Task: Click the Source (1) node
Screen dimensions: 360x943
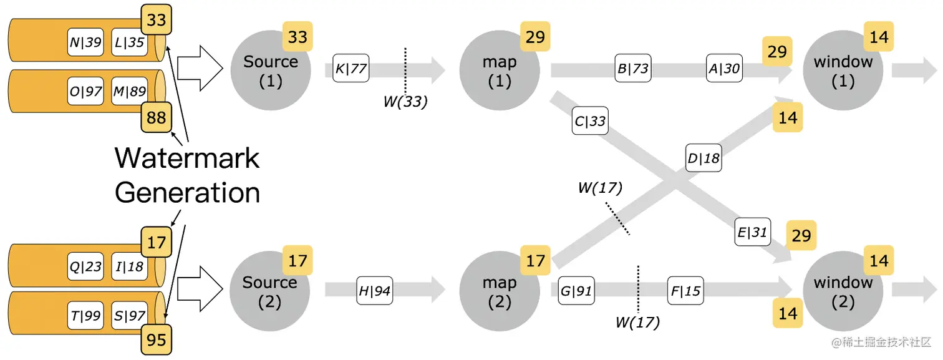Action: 270,71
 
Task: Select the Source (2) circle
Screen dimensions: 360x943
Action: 270,291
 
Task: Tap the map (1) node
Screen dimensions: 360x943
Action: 500,71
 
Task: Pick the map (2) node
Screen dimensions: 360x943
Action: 500,291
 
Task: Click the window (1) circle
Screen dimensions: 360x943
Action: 843,71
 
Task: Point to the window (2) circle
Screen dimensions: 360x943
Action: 843,291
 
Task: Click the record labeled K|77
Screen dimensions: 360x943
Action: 351,68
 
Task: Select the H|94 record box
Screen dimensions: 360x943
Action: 375,290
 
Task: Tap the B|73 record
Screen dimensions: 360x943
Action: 633,68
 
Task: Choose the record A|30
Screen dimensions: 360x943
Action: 724,68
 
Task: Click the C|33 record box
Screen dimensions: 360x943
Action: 590,121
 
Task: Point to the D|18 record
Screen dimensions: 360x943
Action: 704,158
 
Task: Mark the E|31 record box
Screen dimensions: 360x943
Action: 752,232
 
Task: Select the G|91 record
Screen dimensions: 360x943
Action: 576,290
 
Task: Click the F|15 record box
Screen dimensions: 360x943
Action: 685,290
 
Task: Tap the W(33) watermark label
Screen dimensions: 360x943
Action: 405,102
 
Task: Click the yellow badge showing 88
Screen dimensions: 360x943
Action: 157,117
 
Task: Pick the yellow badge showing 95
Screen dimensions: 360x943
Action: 157,339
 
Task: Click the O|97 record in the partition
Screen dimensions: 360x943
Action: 86,91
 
